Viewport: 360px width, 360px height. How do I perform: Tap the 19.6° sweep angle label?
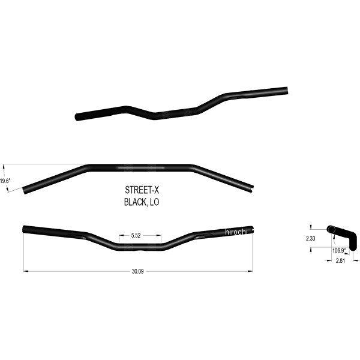[x=5, y=180]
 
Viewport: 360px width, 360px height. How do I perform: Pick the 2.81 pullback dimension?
[x=340, y=262]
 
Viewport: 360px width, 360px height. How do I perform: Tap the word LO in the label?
[x=156, y=203]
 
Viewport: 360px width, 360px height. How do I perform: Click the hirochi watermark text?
[x=239, y=232]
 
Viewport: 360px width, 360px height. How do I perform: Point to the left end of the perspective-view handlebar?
[x=76, y=116]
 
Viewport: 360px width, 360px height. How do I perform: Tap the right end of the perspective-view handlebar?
[x=287, y=91]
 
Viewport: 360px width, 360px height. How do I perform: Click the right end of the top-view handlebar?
[x=251, y=188]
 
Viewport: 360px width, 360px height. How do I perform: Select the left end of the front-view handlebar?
[x=25, y=229]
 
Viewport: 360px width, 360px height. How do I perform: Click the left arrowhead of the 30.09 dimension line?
[x=25, y=271]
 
